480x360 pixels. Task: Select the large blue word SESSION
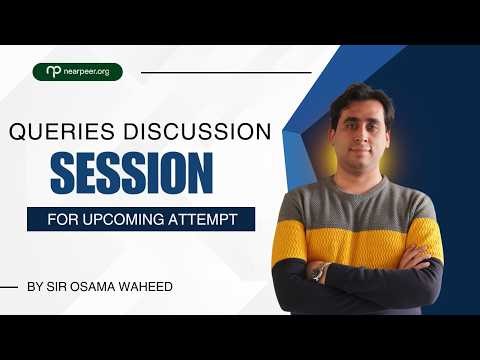coord(131,172)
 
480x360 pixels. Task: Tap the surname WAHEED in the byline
coord(146,287)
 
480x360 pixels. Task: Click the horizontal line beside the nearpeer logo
coord(226,72)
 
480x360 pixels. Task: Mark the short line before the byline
coord(9,287)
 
